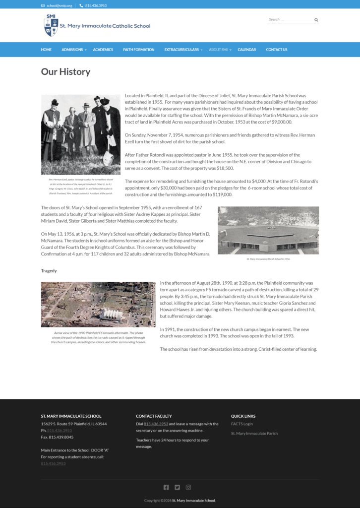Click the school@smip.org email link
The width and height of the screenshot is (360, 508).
60,5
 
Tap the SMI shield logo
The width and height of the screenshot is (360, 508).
51,25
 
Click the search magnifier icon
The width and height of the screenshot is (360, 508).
316,20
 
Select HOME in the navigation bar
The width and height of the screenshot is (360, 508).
46,50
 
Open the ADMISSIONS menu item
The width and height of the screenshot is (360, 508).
72,50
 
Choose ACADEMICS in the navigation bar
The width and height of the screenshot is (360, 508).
103,50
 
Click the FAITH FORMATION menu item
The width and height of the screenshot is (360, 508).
139,50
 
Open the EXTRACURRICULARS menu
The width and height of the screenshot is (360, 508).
181,50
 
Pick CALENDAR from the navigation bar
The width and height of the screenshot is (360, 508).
247,50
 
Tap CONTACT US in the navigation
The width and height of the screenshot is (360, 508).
277,50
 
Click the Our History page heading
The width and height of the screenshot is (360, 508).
65,71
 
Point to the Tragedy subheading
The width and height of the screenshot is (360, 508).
49,271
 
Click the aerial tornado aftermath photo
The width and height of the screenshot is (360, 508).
98,305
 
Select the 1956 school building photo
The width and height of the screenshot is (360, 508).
268,230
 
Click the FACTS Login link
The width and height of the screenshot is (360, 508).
242,424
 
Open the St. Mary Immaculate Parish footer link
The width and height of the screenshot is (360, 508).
254,433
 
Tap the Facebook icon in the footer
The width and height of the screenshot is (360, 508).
166,487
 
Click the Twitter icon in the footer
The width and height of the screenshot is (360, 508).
178,487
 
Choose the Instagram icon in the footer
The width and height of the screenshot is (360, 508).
188,487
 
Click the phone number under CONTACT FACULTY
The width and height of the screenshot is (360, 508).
156,424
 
